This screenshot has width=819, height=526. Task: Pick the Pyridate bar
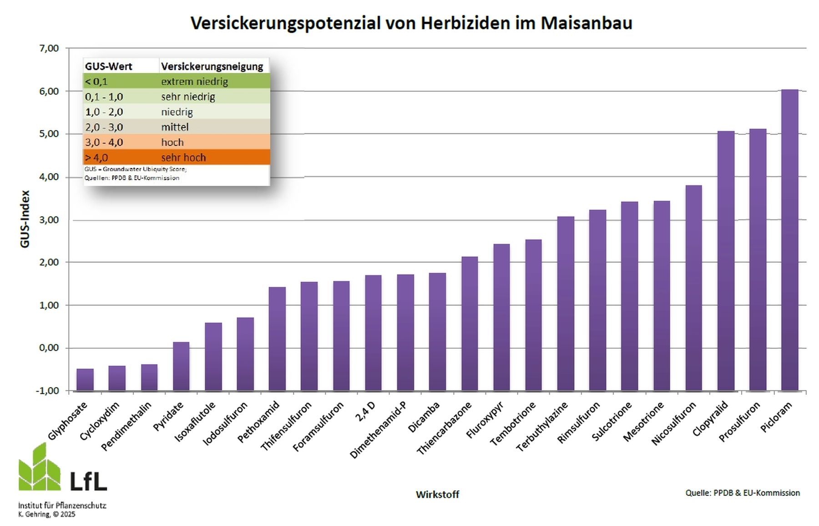(x=181, y=366)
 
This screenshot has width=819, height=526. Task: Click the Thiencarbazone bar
(x=470, y=323)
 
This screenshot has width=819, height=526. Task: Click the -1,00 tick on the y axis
(x=47, y=391)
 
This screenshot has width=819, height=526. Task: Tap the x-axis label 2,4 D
(x=365, y=411)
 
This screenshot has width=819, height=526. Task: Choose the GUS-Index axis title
(x=25, y=219)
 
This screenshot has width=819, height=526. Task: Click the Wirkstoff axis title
(x=437, y=494)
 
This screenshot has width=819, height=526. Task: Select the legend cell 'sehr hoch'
(x=183, y=158)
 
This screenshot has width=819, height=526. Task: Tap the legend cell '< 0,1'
(x=96, y=82)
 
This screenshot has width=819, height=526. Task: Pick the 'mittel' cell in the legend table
(x=175, y=127)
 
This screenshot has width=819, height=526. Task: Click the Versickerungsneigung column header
(x=212, y=66)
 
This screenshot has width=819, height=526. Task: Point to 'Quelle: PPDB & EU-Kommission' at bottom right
(x=743, y=493)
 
